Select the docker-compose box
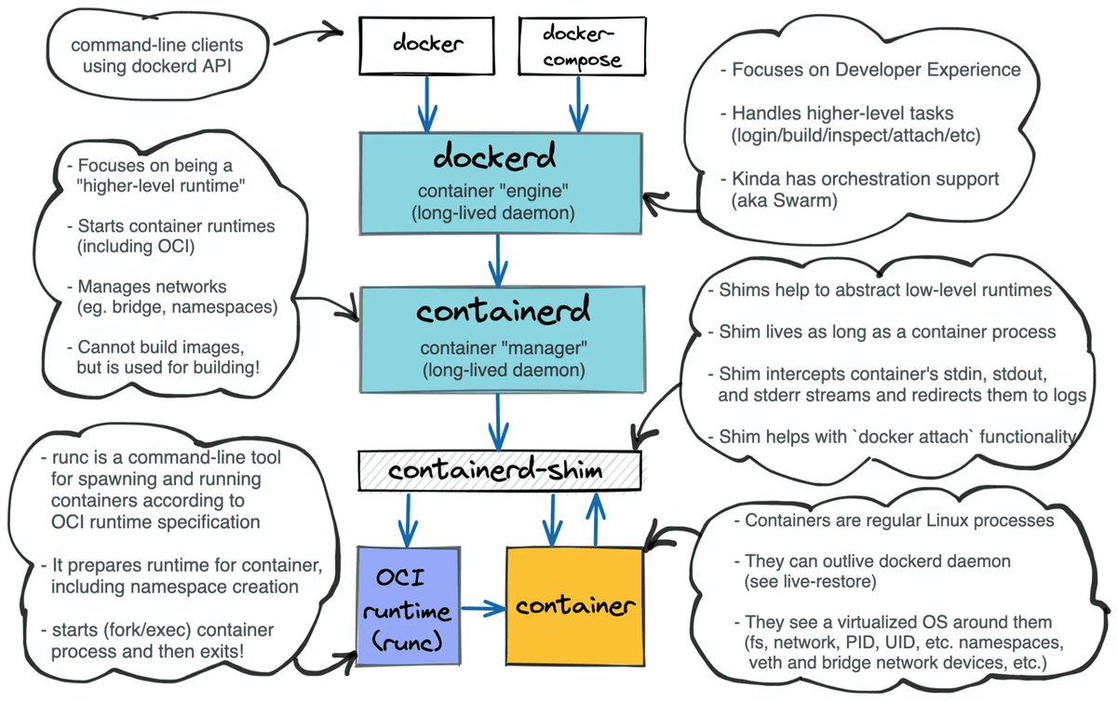(569, 46)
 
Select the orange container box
(574, 606)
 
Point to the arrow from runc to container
(482, 610)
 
